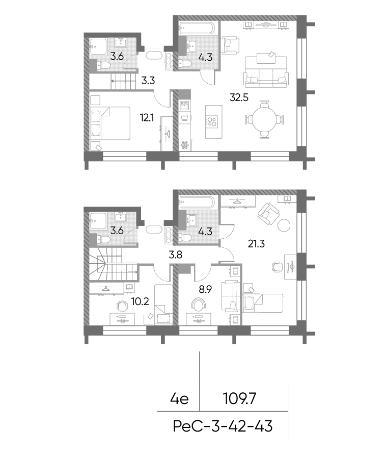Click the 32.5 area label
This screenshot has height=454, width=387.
239,98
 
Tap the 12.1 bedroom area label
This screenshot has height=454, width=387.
147,118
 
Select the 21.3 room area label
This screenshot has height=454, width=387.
256,244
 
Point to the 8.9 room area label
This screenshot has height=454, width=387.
205,289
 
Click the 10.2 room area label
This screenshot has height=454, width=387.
140,301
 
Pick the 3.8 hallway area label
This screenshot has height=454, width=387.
176,255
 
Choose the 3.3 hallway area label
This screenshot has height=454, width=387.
148,81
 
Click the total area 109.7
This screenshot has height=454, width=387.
240,399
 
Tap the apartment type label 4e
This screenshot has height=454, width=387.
179,399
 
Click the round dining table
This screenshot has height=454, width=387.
264,119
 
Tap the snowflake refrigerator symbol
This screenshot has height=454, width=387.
184,145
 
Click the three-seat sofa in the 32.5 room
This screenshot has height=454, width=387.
266,71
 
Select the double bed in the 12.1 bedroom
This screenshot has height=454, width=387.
110,123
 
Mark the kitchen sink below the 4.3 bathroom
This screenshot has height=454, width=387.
184,105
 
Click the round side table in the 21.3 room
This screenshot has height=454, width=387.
284,225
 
